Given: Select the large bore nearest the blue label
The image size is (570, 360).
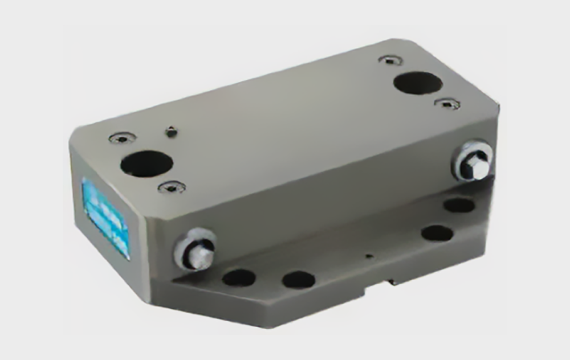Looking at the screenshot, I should pos(146,164).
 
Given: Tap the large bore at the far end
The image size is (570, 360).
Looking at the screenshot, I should pos(418,83).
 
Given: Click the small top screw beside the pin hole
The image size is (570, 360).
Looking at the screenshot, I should pos(123,137).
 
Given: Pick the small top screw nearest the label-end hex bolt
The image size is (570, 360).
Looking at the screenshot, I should pos(172,186).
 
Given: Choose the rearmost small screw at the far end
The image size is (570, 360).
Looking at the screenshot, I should pos(390,60).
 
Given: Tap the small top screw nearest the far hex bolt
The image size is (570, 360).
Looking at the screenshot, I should pos(447,104).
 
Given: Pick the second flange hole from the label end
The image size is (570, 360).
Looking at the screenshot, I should pos(298,279).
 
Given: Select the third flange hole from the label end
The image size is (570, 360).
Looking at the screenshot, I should pos(437,232).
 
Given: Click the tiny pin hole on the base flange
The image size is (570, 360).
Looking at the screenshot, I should pos(369,256).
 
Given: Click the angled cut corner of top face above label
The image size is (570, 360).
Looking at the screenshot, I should pos(80,132).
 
